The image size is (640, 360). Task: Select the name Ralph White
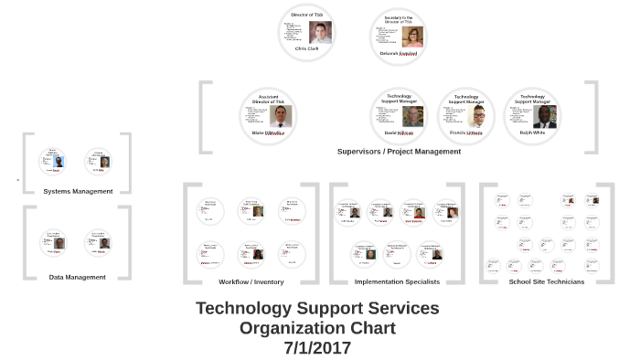click(x=533, y=132)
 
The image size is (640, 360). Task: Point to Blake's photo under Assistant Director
click(x=281, y=116)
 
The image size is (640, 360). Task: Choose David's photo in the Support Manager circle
click(x=413, y=116)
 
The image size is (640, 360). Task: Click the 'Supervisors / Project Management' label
click(x=399, y=152)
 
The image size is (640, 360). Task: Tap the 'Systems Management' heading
click(x=78, y=191)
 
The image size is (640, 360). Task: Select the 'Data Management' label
click(x=78, y=277)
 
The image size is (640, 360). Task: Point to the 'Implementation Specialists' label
click(x=393, y=281)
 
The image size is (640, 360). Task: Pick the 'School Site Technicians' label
click(x=547, y=281)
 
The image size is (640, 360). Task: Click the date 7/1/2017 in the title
click(x=317, y=348)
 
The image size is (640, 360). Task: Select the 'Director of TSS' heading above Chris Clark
click(x=306, y=16)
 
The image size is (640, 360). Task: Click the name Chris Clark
click(x=306, y=48)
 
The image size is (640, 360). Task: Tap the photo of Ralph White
click(x=546, y=116)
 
